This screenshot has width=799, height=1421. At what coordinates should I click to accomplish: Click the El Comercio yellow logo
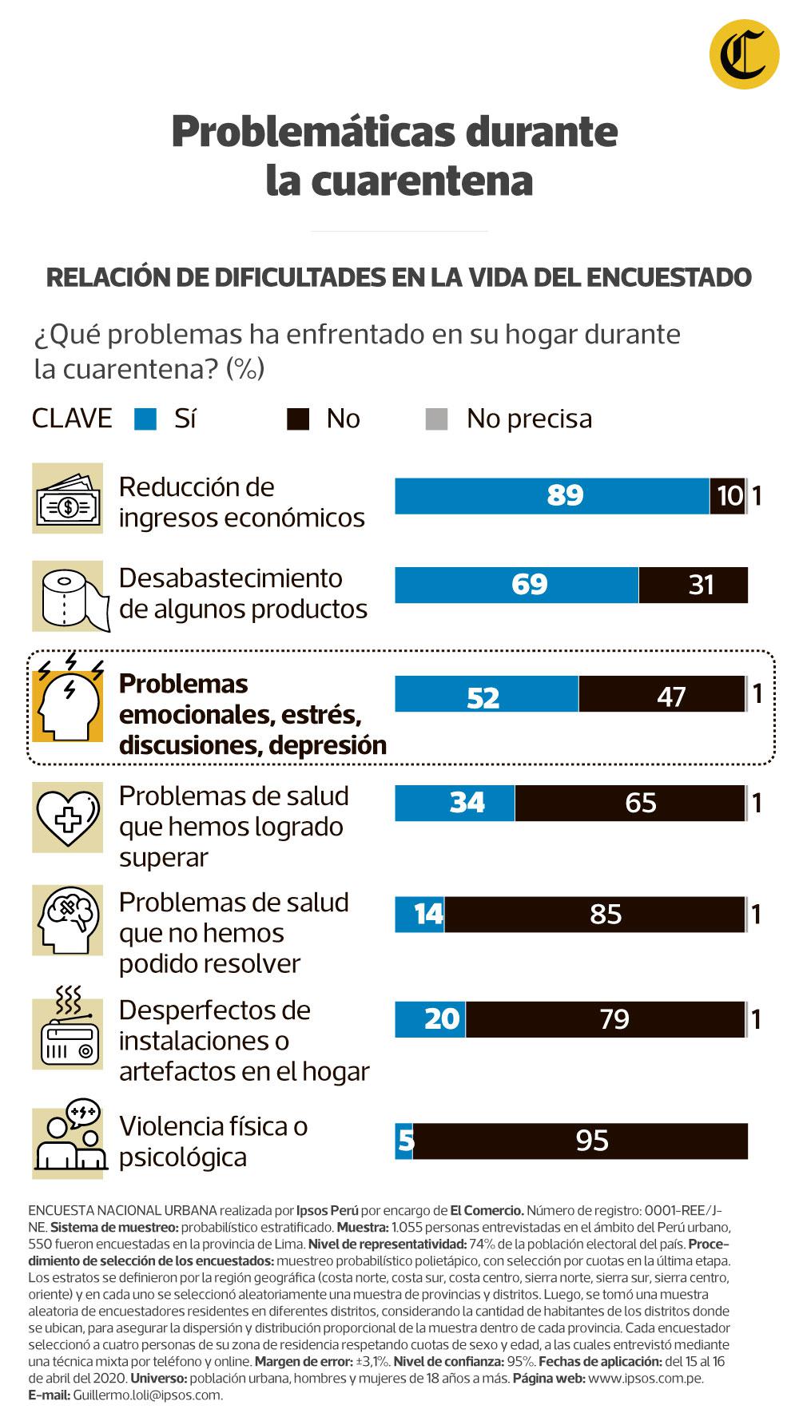click(744, 54)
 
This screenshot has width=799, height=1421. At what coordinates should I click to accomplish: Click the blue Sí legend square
click(145, 419)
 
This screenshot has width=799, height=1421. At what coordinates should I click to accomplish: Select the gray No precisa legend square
click(436, 419)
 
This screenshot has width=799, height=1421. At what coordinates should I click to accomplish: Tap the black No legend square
click(297, 419)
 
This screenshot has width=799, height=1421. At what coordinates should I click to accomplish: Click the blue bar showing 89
click(551, 496)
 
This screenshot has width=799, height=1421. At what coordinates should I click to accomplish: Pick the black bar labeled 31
click(693, 585)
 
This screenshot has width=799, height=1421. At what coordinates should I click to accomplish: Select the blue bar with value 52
click(486, 694)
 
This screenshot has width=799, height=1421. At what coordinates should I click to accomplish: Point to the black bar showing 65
click(630, 803)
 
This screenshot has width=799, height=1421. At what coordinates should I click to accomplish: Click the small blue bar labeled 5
click(404, 1141)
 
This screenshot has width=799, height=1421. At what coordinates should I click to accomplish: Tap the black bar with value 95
click(580, 1141)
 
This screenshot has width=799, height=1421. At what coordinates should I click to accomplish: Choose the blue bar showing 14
click(419, 914)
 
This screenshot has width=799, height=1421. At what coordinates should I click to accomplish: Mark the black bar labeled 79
click(605, 1019)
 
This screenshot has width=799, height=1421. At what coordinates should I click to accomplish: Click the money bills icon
click(68, 498)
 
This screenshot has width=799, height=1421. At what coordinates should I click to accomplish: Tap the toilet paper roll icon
click(68, 596)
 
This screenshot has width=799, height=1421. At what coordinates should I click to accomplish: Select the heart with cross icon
click(68, 816)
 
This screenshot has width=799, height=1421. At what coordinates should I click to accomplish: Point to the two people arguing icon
click(68, 1142)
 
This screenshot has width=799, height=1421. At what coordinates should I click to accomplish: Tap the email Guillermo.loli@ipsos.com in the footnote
click(148, 1395)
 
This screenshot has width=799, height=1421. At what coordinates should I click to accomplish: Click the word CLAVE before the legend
click(72, 419)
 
